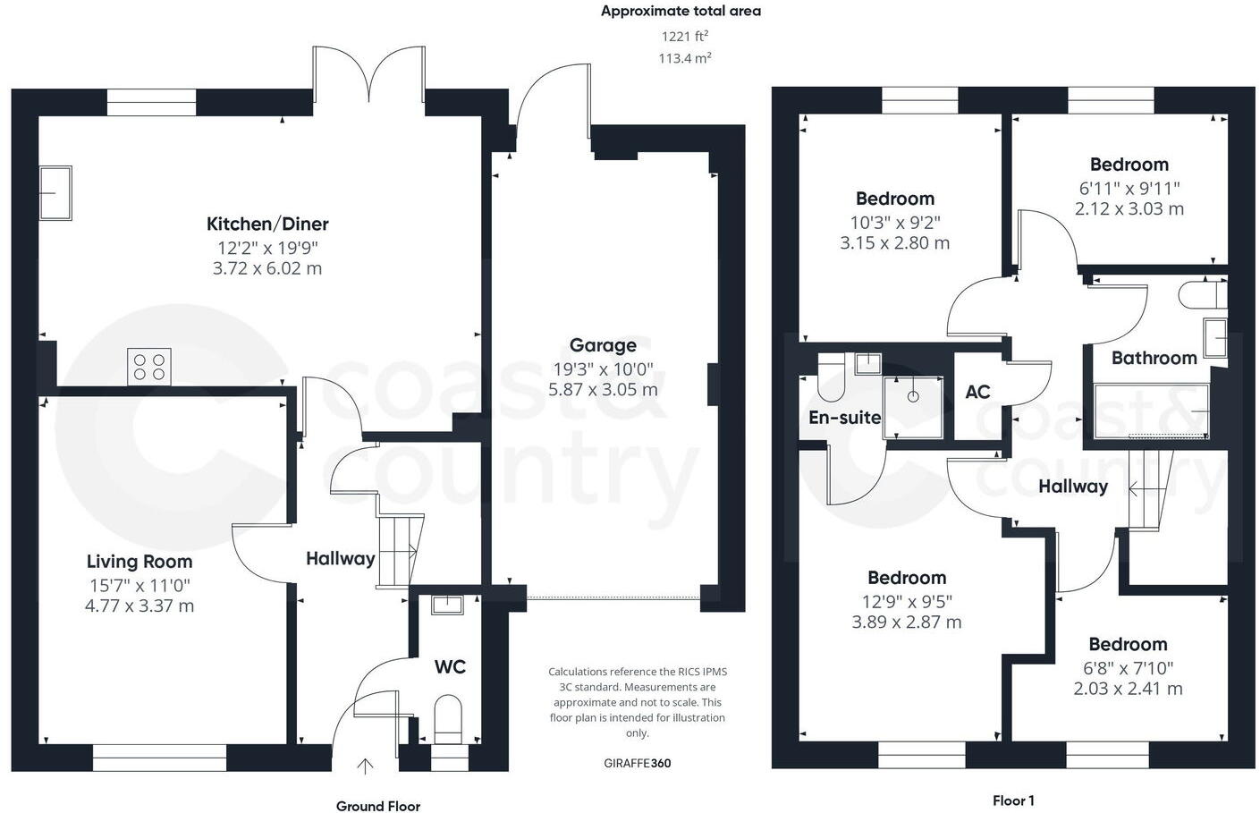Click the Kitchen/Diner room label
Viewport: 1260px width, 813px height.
(267, 224)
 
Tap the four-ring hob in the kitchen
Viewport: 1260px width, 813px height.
(149, 367)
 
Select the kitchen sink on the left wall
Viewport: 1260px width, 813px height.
(55, 192)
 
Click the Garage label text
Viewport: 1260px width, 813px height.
(603, 345)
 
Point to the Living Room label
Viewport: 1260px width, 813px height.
(139, 562)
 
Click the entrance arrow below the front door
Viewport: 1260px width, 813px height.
(365, 766)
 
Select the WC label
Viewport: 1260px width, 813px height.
(450, 667)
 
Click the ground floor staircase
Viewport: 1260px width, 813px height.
(398, 550)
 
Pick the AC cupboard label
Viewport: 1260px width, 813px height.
(977, 392)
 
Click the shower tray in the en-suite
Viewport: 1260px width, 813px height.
(912, 406)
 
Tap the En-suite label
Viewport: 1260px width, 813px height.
(844, 418)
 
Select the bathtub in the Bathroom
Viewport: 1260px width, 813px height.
(1151, 411)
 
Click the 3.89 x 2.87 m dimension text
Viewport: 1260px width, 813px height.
(906, 622)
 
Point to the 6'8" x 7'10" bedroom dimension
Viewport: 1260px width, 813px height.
(1128, 668)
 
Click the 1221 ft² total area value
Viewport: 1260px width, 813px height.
(684, 37)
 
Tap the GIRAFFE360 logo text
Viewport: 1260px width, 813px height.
(637, 763)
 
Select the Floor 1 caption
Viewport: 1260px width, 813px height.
(1012, 800)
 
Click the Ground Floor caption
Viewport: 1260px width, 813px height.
(377, 806)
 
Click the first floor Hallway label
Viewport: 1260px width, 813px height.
(1072, 487)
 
